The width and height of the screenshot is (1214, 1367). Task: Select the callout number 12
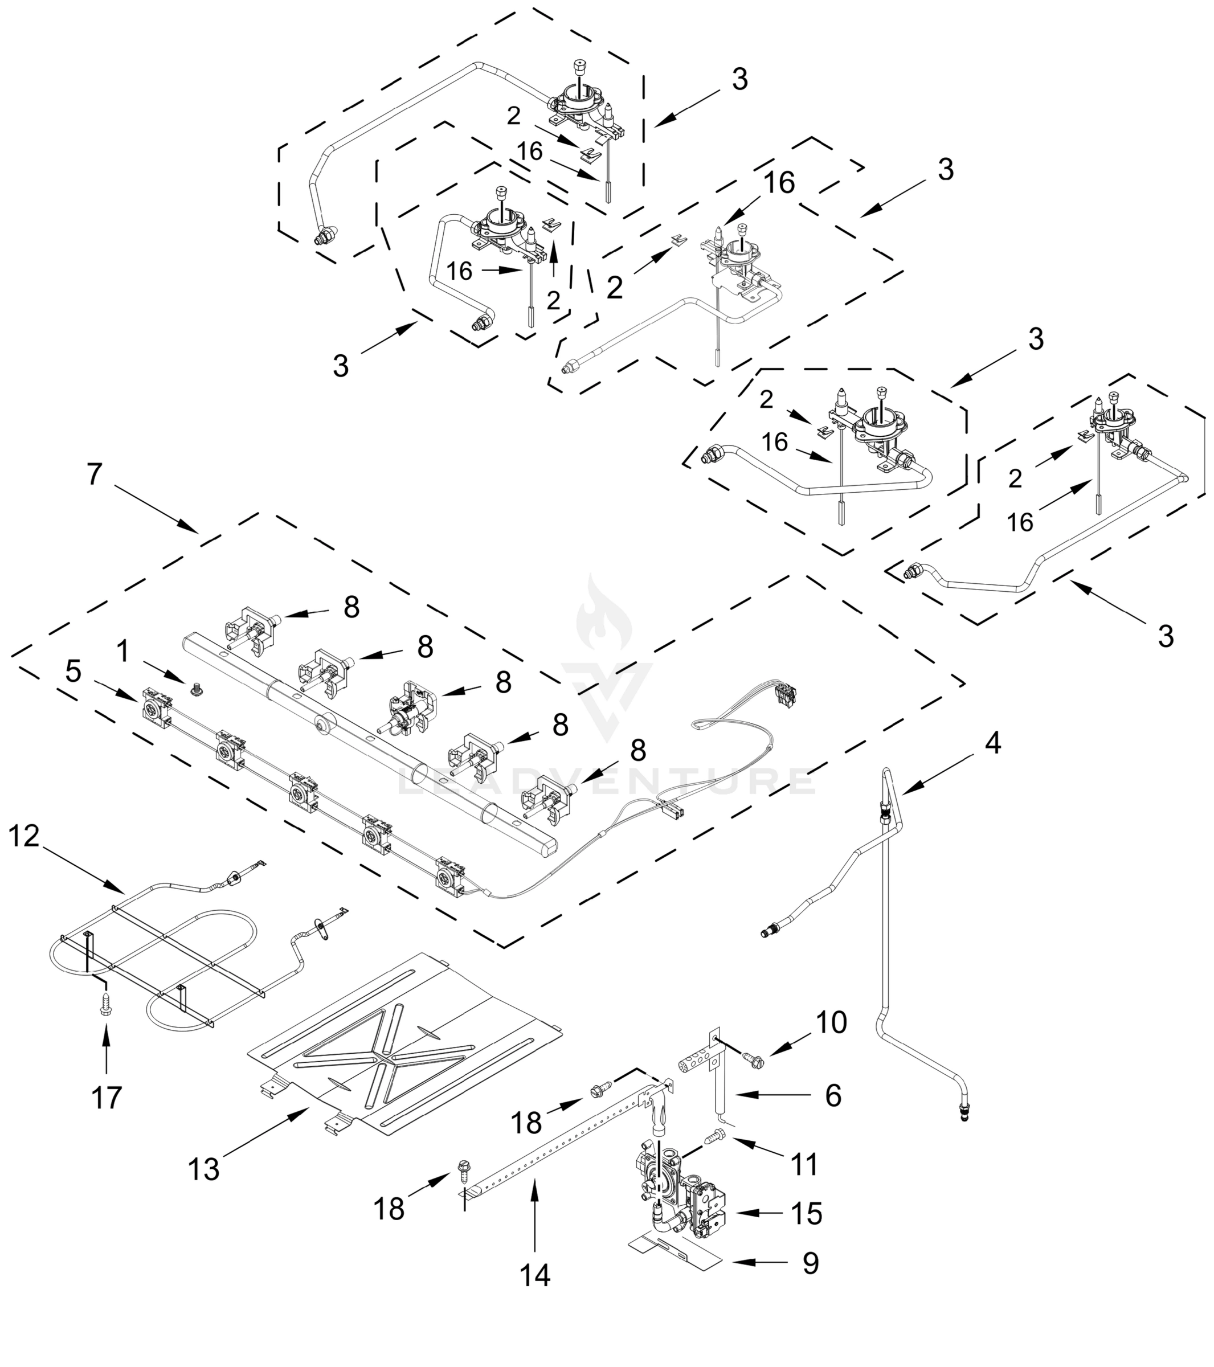tap(24, 836)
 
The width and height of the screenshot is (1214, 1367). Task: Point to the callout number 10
tap(831, 1022)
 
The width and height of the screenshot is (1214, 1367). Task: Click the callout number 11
tap(804, 1164)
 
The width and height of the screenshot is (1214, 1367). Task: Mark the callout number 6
tap(833, 1095)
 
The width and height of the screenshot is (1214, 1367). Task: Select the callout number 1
tap(122, 650)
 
